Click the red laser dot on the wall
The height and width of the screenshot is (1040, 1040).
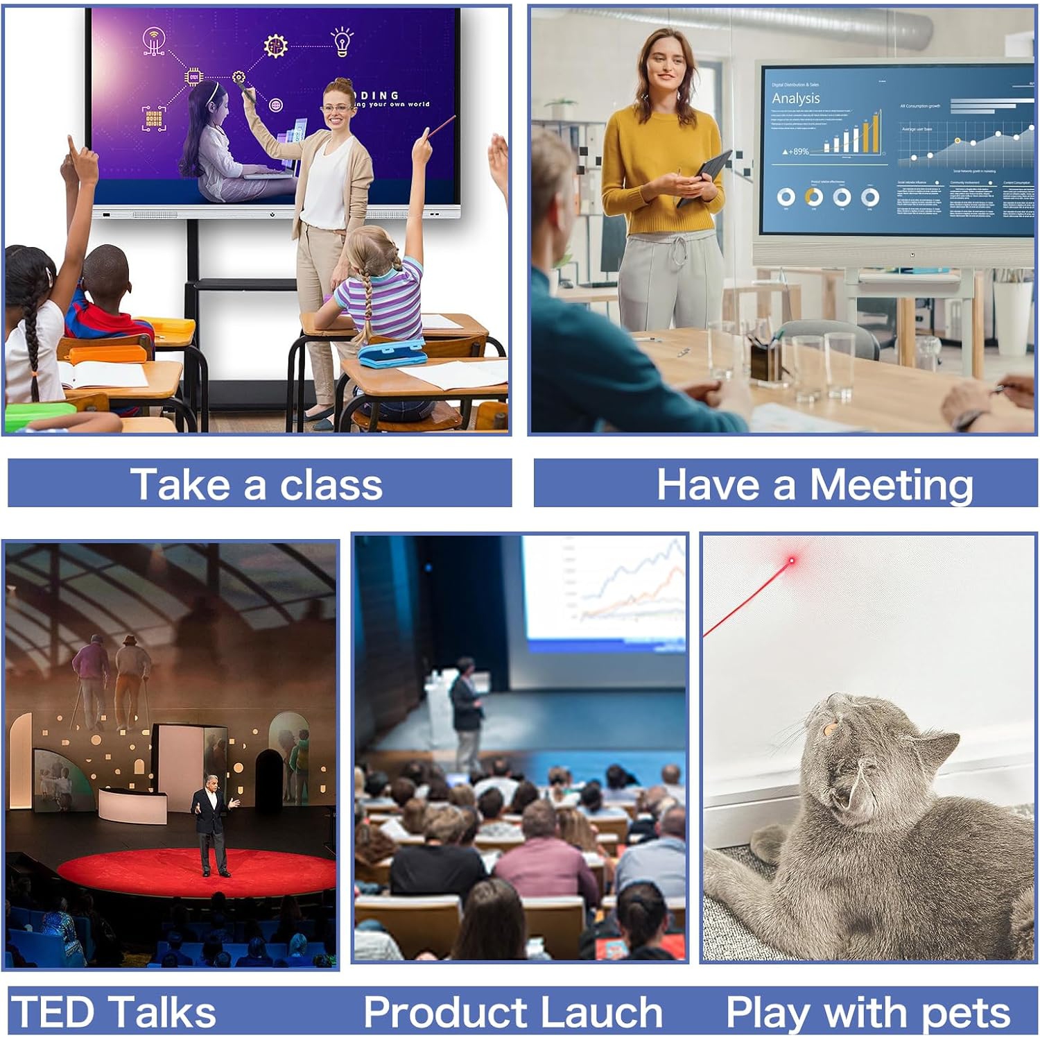click(792, 560)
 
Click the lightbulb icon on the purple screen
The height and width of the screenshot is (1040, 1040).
click(342, 41)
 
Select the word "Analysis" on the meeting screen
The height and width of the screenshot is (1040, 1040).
click(796, 99)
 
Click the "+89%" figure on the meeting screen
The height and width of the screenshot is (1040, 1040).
click(797, 151)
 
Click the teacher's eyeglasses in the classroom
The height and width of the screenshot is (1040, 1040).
click(336, 108)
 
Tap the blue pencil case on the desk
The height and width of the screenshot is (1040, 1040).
click(391, 353)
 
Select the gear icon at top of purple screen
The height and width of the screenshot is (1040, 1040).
click(275, 46)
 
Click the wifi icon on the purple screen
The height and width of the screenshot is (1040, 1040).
click(154, 40)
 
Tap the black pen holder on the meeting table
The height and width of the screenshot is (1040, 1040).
click(765, 361)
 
